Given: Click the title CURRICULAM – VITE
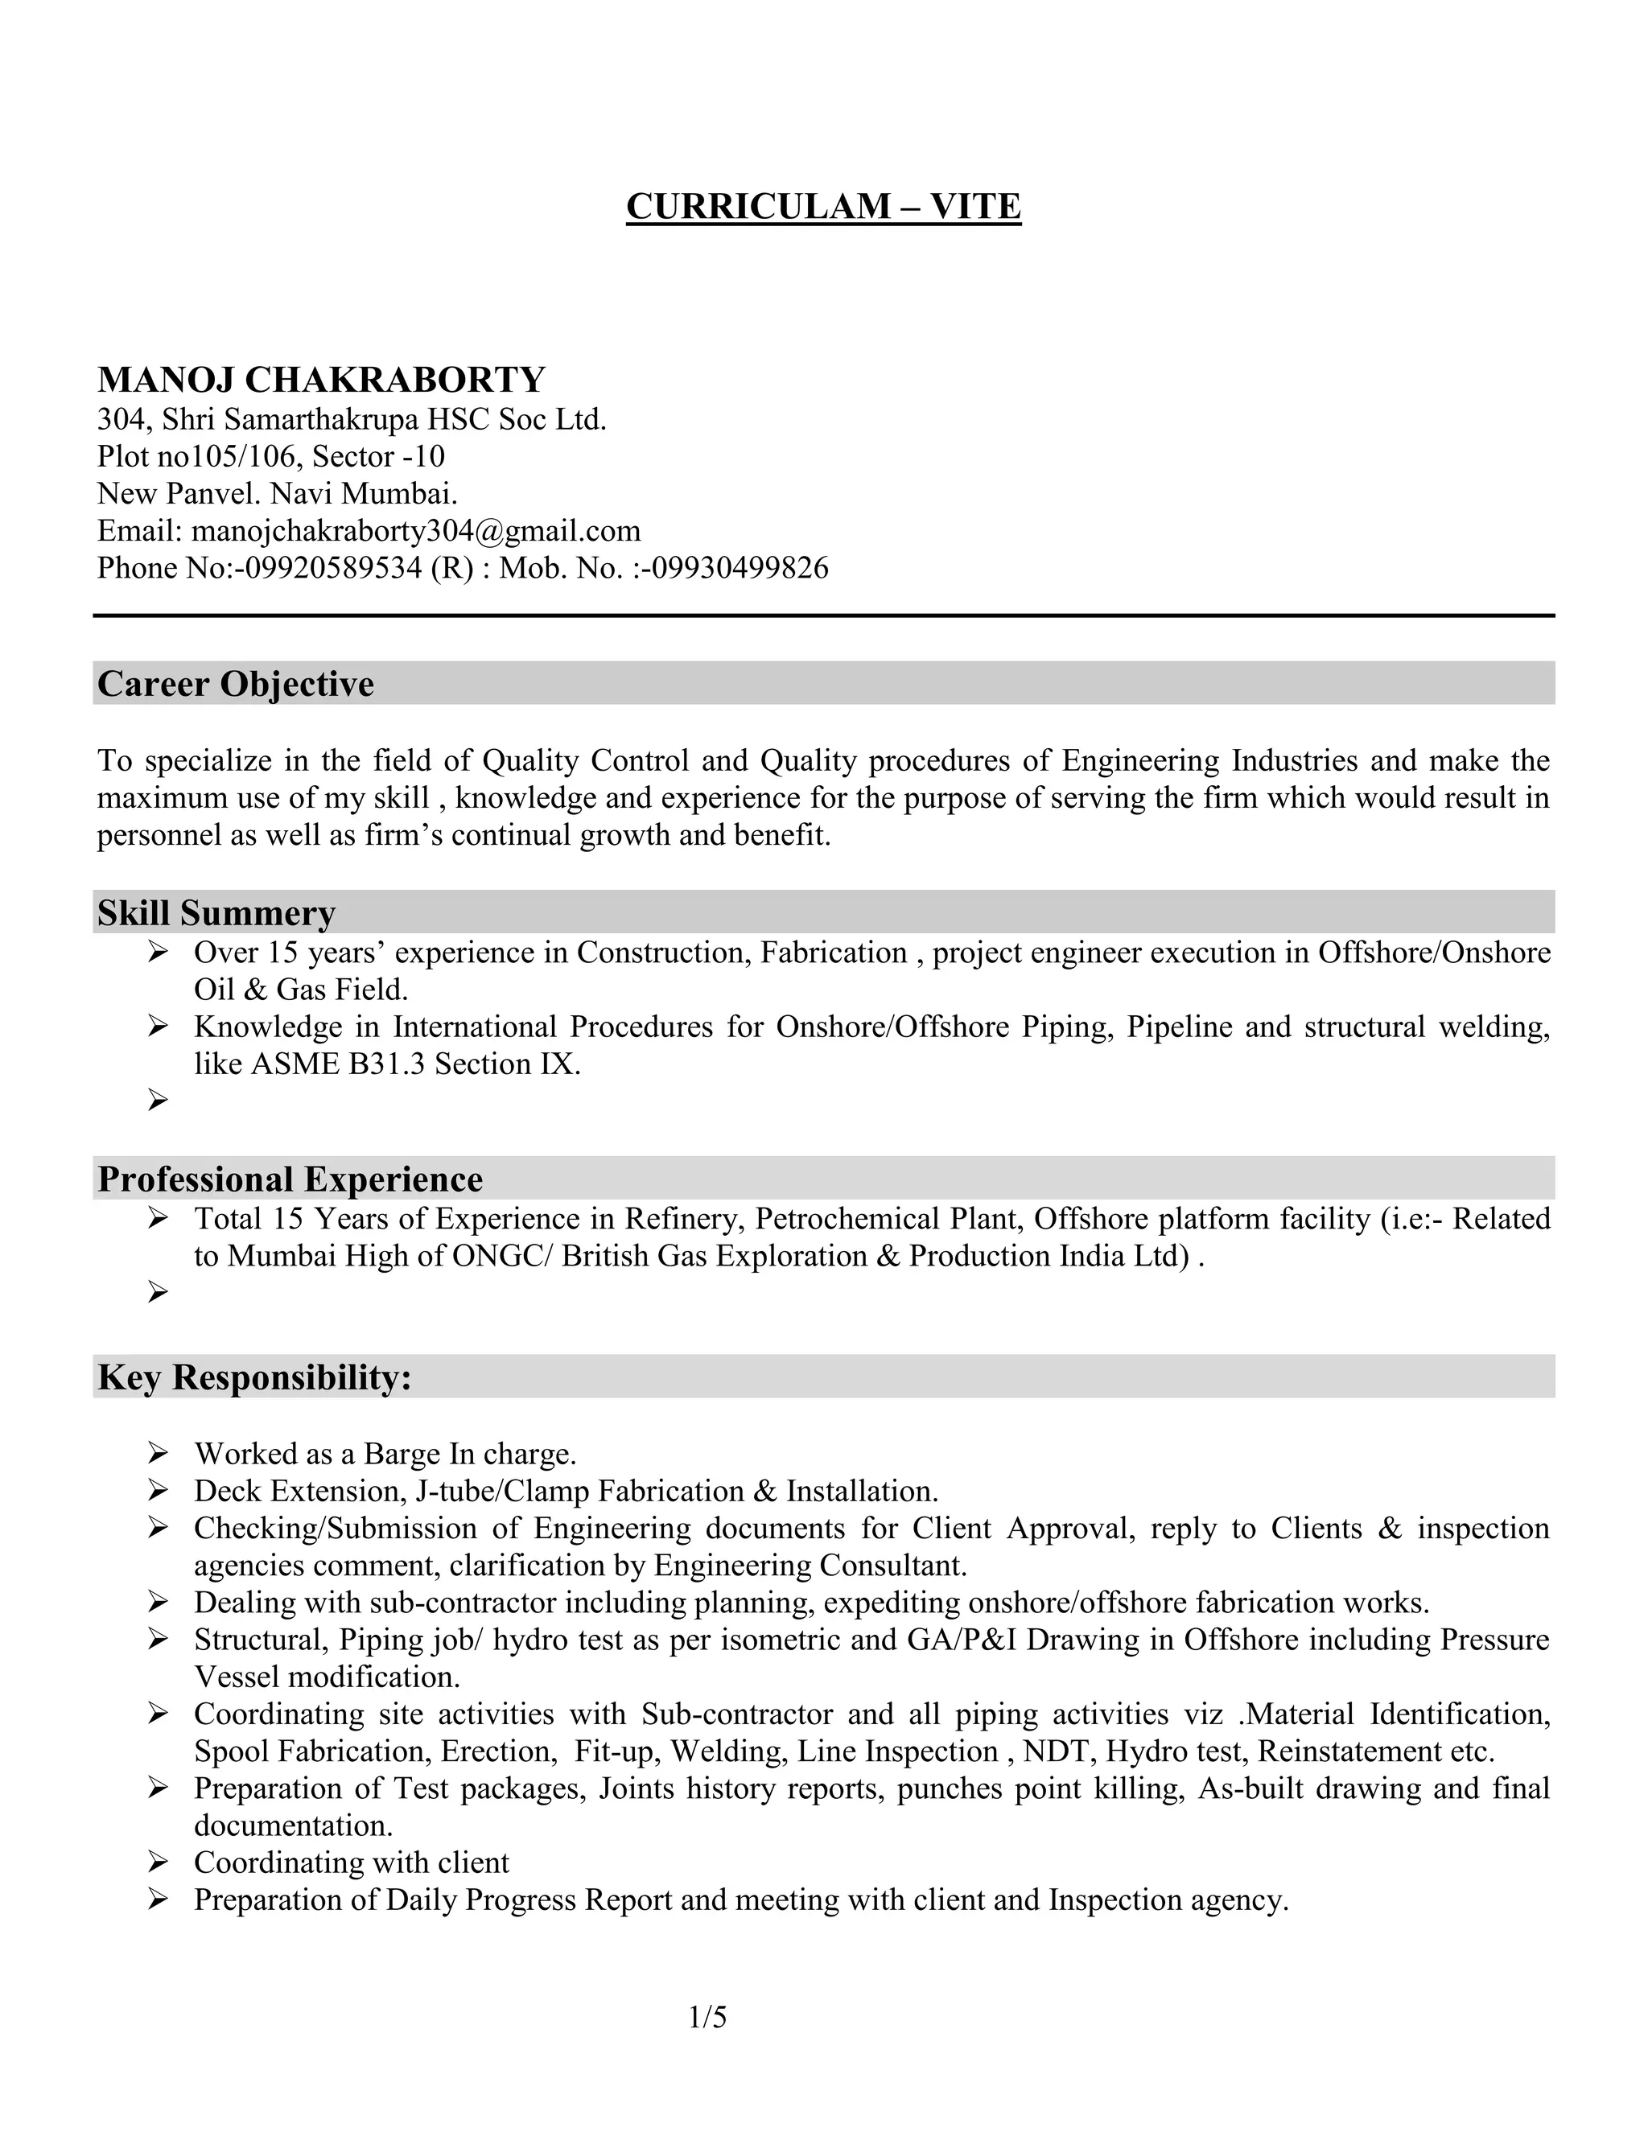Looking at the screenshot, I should click(x=823, y=207).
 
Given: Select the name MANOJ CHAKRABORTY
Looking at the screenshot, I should click(x=321, y=380).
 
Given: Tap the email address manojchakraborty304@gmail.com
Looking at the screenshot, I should click(x=416, y=531).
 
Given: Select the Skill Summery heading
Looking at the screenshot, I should click(x=216, y=913).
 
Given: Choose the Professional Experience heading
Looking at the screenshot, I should click(x=290, y=1179).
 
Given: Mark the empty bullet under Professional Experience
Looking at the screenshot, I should click(x=159, y=1294).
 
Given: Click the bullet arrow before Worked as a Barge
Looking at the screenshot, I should click(x=159, y=1455).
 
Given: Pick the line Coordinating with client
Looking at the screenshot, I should click(x=352, y=1862).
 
